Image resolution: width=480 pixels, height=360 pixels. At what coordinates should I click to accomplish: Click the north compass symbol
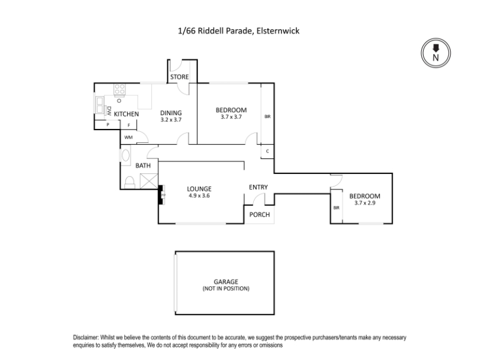pos(436,53)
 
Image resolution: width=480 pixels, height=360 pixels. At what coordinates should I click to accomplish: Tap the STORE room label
pos(179,77)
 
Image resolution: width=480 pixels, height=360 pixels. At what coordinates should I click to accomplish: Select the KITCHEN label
pos(127,114)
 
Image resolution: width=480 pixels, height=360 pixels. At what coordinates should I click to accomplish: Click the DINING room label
pos(170,113)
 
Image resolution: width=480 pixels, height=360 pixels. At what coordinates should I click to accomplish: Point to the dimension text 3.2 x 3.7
pos(170,120)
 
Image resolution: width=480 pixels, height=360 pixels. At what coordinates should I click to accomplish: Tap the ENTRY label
pos(258,187)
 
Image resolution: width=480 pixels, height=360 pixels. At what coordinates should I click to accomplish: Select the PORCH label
pos(259,215)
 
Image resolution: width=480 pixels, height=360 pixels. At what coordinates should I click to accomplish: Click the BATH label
pos(143,166)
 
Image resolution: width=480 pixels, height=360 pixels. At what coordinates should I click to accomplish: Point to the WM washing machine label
pos(128,137)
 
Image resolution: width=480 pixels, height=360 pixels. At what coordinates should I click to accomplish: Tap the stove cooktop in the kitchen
pos(120,89)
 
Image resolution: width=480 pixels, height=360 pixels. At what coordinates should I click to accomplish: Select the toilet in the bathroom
pos(129,182)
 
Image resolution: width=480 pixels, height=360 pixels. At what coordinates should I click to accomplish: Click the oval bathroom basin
pos(125,157)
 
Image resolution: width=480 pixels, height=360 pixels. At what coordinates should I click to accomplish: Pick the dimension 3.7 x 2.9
pos(364,203)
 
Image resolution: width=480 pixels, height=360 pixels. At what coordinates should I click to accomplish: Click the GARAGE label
pos(226,281)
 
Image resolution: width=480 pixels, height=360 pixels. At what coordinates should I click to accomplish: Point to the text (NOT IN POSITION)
pos(226,289)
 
